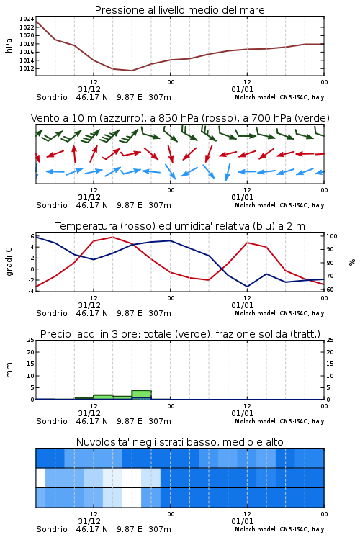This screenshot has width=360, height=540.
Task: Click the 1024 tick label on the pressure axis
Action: (27, 19)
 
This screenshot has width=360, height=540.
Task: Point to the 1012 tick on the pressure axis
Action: (27, 68)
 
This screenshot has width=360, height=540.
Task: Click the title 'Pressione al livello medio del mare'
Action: (180, 10)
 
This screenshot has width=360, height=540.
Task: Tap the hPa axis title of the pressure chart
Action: (9, 45)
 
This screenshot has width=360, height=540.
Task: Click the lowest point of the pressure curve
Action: (132, 71)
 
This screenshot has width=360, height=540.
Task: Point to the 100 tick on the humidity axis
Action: (332, 236)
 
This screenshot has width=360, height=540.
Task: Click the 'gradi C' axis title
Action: (9, 261)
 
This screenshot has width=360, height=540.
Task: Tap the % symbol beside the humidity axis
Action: (352, 262)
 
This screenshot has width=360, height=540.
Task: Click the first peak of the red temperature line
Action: (112, 238)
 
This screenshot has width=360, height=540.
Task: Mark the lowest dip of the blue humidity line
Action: (247, 287)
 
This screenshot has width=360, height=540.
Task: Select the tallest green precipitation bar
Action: (142, 395)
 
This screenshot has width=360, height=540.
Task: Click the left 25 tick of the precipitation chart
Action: (31, 341)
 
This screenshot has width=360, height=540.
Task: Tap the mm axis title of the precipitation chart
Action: (9, 370)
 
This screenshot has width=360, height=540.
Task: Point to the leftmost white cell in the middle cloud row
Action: (40, 478)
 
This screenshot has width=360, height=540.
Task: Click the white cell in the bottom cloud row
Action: (132, 498)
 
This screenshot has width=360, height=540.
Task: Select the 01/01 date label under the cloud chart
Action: (243, 521)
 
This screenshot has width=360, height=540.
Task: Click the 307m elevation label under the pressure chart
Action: (160, 97)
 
